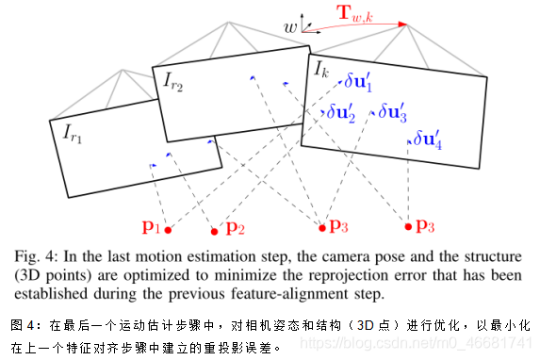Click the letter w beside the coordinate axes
(x=292, y=28)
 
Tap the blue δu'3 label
(x=392, y=112)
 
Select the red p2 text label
(x=235, y=228)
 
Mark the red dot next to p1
(x=168, y=229)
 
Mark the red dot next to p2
(x=215, y=231)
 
